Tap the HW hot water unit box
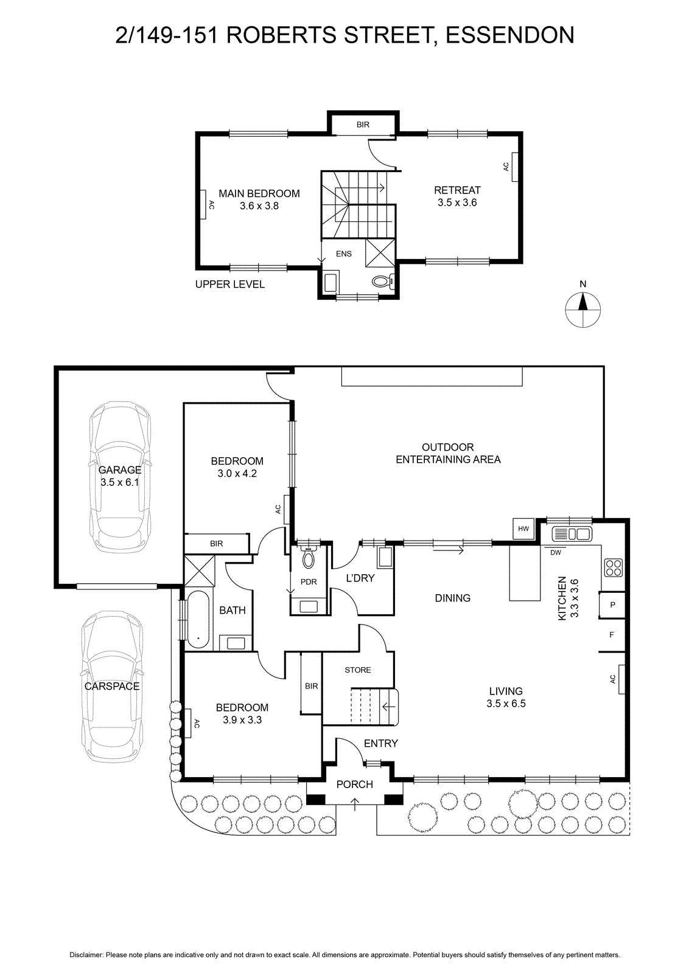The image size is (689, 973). coord(523,528)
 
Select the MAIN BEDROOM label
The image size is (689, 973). coord(259,193)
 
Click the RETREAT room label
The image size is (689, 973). coord(457,190)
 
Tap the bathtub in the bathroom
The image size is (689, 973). coord(198,620)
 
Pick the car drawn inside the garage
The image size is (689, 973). coord(120,477)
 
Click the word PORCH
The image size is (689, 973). coord(355,784)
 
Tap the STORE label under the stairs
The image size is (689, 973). coord(358,670)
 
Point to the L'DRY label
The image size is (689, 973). coord(360,578)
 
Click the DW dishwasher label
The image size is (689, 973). coord(556,553)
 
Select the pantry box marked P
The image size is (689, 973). coord(612,604)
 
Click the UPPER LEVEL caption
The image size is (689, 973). coord(229,284)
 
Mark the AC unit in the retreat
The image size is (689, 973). coord(515,167)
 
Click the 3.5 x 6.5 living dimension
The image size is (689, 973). coord(506,703)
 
